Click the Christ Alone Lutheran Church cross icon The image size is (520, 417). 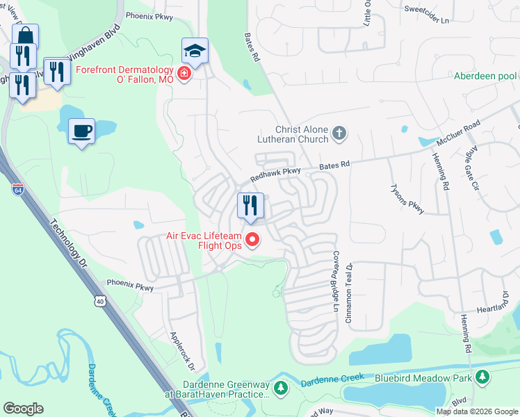(339, 133)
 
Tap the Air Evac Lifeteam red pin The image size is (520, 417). (253, 240)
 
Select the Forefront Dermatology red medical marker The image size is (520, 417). (184, 74)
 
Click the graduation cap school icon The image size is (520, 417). (195, 51)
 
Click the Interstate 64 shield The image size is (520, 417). (17, 189)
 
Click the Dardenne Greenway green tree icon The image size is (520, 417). (281, 388)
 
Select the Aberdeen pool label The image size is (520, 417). (485, 76)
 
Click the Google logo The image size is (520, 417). (23, 409)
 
